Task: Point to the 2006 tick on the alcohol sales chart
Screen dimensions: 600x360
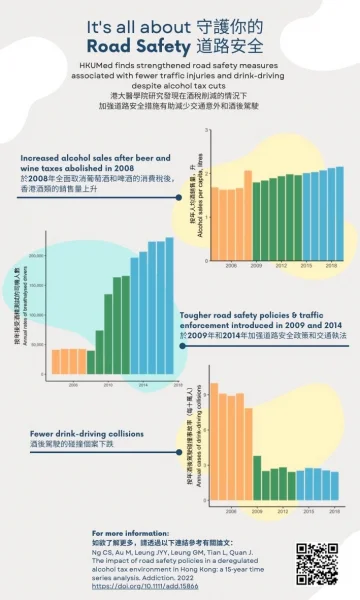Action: pos(231,266)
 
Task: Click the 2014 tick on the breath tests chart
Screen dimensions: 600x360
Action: pos(143,384)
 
